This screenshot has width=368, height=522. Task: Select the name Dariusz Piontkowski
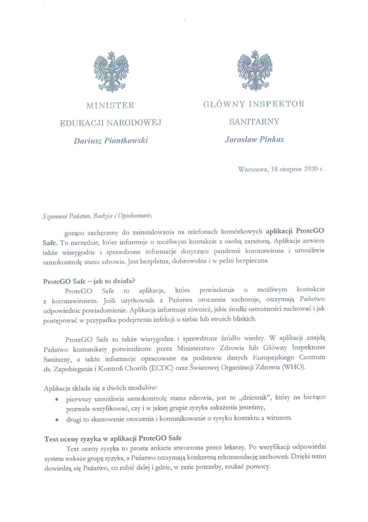pyautogui.click(x=110, y=140)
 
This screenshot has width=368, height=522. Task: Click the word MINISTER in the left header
pyautogui.click(x=110, y=106)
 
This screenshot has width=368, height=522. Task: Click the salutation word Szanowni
pyautogui.click(x=54, y=216)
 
